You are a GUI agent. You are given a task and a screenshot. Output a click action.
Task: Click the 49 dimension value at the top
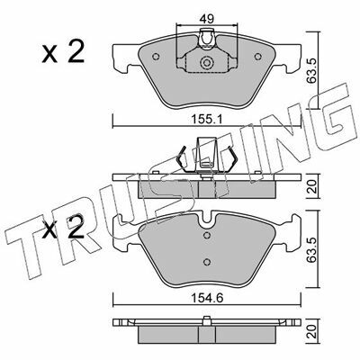click(207, 19)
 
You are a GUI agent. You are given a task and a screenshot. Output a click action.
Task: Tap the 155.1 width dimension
click(206, 120)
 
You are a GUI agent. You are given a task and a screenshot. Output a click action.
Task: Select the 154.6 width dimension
click(207, 299)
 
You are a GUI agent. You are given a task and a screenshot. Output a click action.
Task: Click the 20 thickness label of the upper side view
click(312, 186)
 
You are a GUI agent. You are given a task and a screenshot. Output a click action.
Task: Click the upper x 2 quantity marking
click(63, 52)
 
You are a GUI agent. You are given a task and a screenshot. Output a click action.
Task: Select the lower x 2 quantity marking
click(63, 229)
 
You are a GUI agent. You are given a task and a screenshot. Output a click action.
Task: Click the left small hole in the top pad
click(156, 57)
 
